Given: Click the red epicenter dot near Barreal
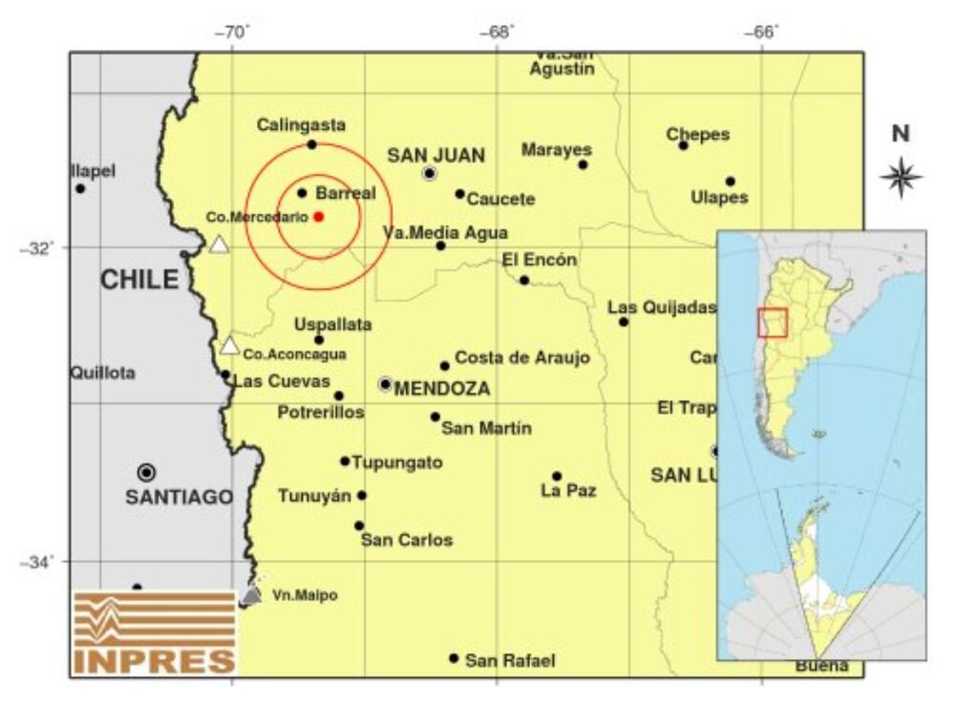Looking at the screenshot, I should point(318,216).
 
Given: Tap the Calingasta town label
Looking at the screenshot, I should point(301,125).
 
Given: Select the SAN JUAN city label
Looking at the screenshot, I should point(435,156).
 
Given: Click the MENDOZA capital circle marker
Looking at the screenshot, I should point(385,384).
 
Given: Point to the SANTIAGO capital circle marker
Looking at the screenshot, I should point(146,472).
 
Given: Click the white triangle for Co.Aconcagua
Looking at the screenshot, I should point(229,346).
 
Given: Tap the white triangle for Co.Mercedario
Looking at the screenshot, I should point(219,245).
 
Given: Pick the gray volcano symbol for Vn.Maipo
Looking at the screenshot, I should point(251,595).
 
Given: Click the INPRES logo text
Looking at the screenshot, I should point(154,660).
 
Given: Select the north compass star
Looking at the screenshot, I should point(901,177).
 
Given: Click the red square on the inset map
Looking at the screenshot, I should point(772,323).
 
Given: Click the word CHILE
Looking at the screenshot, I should point(139,280).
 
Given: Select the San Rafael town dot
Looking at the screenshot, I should point(454,658).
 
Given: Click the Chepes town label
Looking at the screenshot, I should point(697,135).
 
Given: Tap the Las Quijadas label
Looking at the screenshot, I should point(662,308).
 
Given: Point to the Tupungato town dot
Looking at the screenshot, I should point(345,461).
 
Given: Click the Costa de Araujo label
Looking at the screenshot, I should point(521,357).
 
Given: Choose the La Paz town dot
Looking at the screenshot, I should point(557,476).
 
